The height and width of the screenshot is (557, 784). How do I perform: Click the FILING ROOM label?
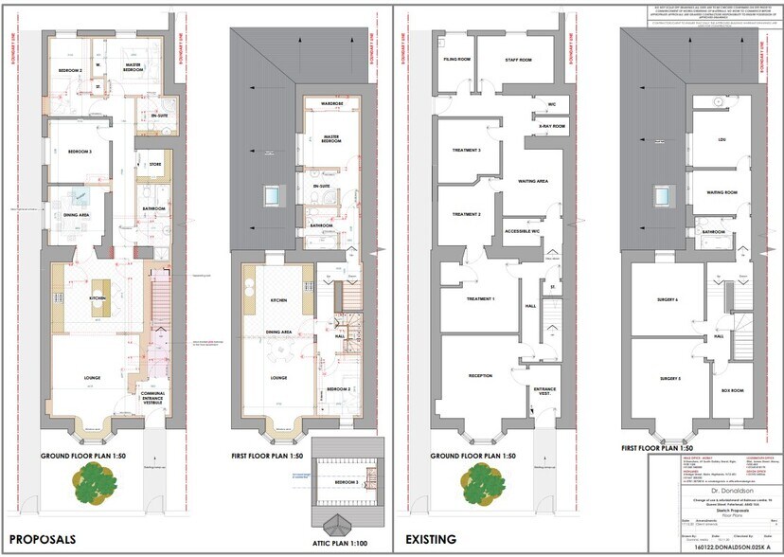(x=457, y=60)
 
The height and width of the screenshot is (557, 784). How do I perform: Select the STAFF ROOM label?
(x=519, y=60)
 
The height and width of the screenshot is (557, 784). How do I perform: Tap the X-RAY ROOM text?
(x=551, y=126)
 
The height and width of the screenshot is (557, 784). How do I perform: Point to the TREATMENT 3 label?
(x=466, y=151)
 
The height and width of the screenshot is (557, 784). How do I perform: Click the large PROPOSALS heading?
(x=43, y=539)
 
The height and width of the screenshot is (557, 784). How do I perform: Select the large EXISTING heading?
(x=432, y=539)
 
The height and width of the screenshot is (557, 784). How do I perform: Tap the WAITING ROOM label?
(x=722, y=192)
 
